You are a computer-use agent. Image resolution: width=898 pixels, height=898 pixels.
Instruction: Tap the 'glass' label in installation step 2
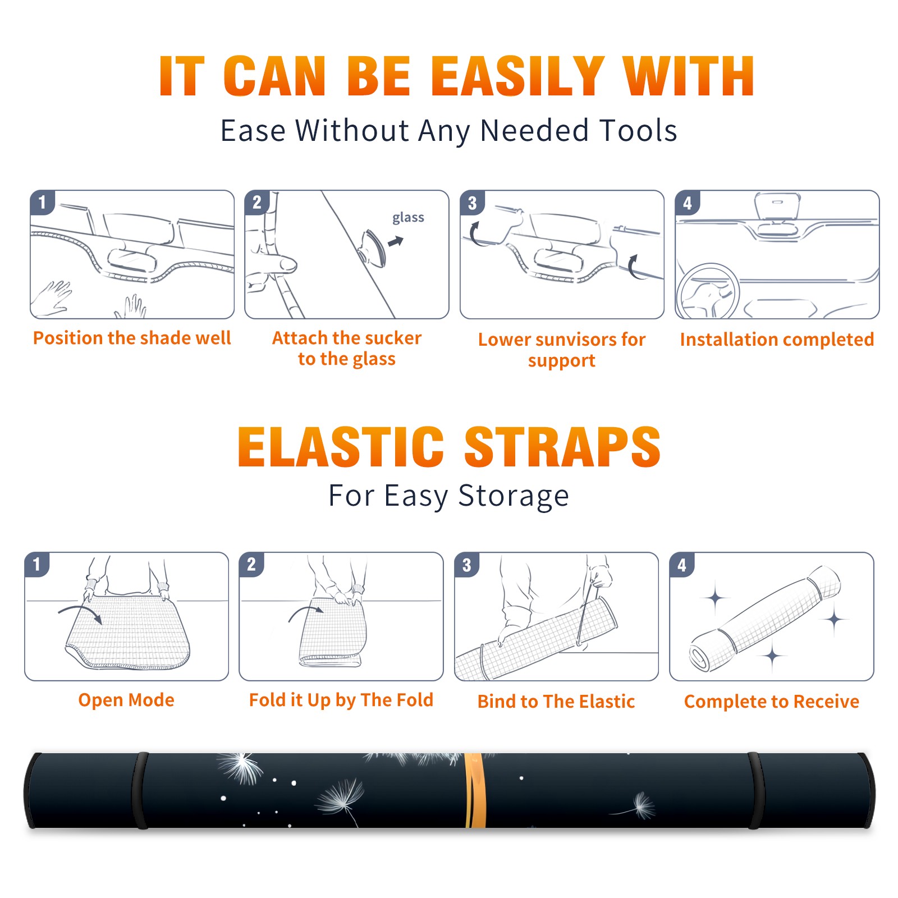pos(408,218)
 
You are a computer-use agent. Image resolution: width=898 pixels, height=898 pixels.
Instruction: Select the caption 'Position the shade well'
pos(132,338)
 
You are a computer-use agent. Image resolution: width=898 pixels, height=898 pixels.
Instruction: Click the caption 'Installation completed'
pos(777,339)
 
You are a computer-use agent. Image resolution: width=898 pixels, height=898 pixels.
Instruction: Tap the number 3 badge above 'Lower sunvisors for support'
pos(472,203)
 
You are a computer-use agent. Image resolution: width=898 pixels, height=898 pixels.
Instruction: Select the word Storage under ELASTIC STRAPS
pos(514,496)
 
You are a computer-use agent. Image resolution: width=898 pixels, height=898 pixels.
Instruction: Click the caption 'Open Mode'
pos(126,700)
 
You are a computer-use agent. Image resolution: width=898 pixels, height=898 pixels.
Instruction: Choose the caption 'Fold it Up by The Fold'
pos(341,700)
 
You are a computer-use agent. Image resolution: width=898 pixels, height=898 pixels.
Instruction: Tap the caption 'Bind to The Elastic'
pos(556,702)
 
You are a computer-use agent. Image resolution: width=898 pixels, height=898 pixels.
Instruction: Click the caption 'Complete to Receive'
pos(772,702)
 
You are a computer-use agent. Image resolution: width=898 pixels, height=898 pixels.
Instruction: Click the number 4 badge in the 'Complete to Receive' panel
pos(682,565)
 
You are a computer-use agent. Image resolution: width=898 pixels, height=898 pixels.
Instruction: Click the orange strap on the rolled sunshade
pos(475,790)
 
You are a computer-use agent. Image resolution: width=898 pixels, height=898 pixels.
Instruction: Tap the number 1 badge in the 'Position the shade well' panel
pos(42,202)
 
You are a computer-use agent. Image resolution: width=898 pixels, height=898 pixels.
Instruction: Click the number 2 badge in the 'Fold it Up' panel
pos(251,565)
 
